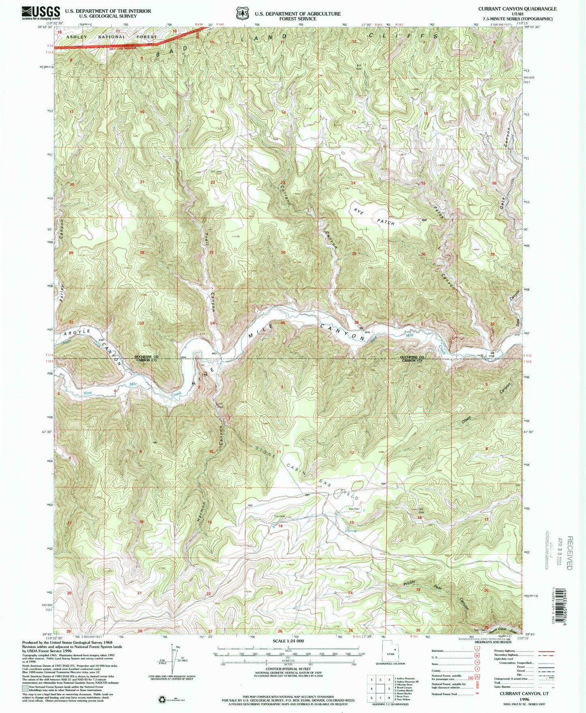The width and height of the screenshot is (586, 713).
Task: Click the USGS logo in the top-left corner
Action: [x=41, y=13]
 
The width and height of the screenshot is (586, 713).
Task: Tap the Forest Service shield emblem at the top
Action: [x=243, y=13]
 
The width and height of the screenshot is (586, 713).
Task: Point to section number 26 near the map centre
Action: [x=283, y=252]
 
